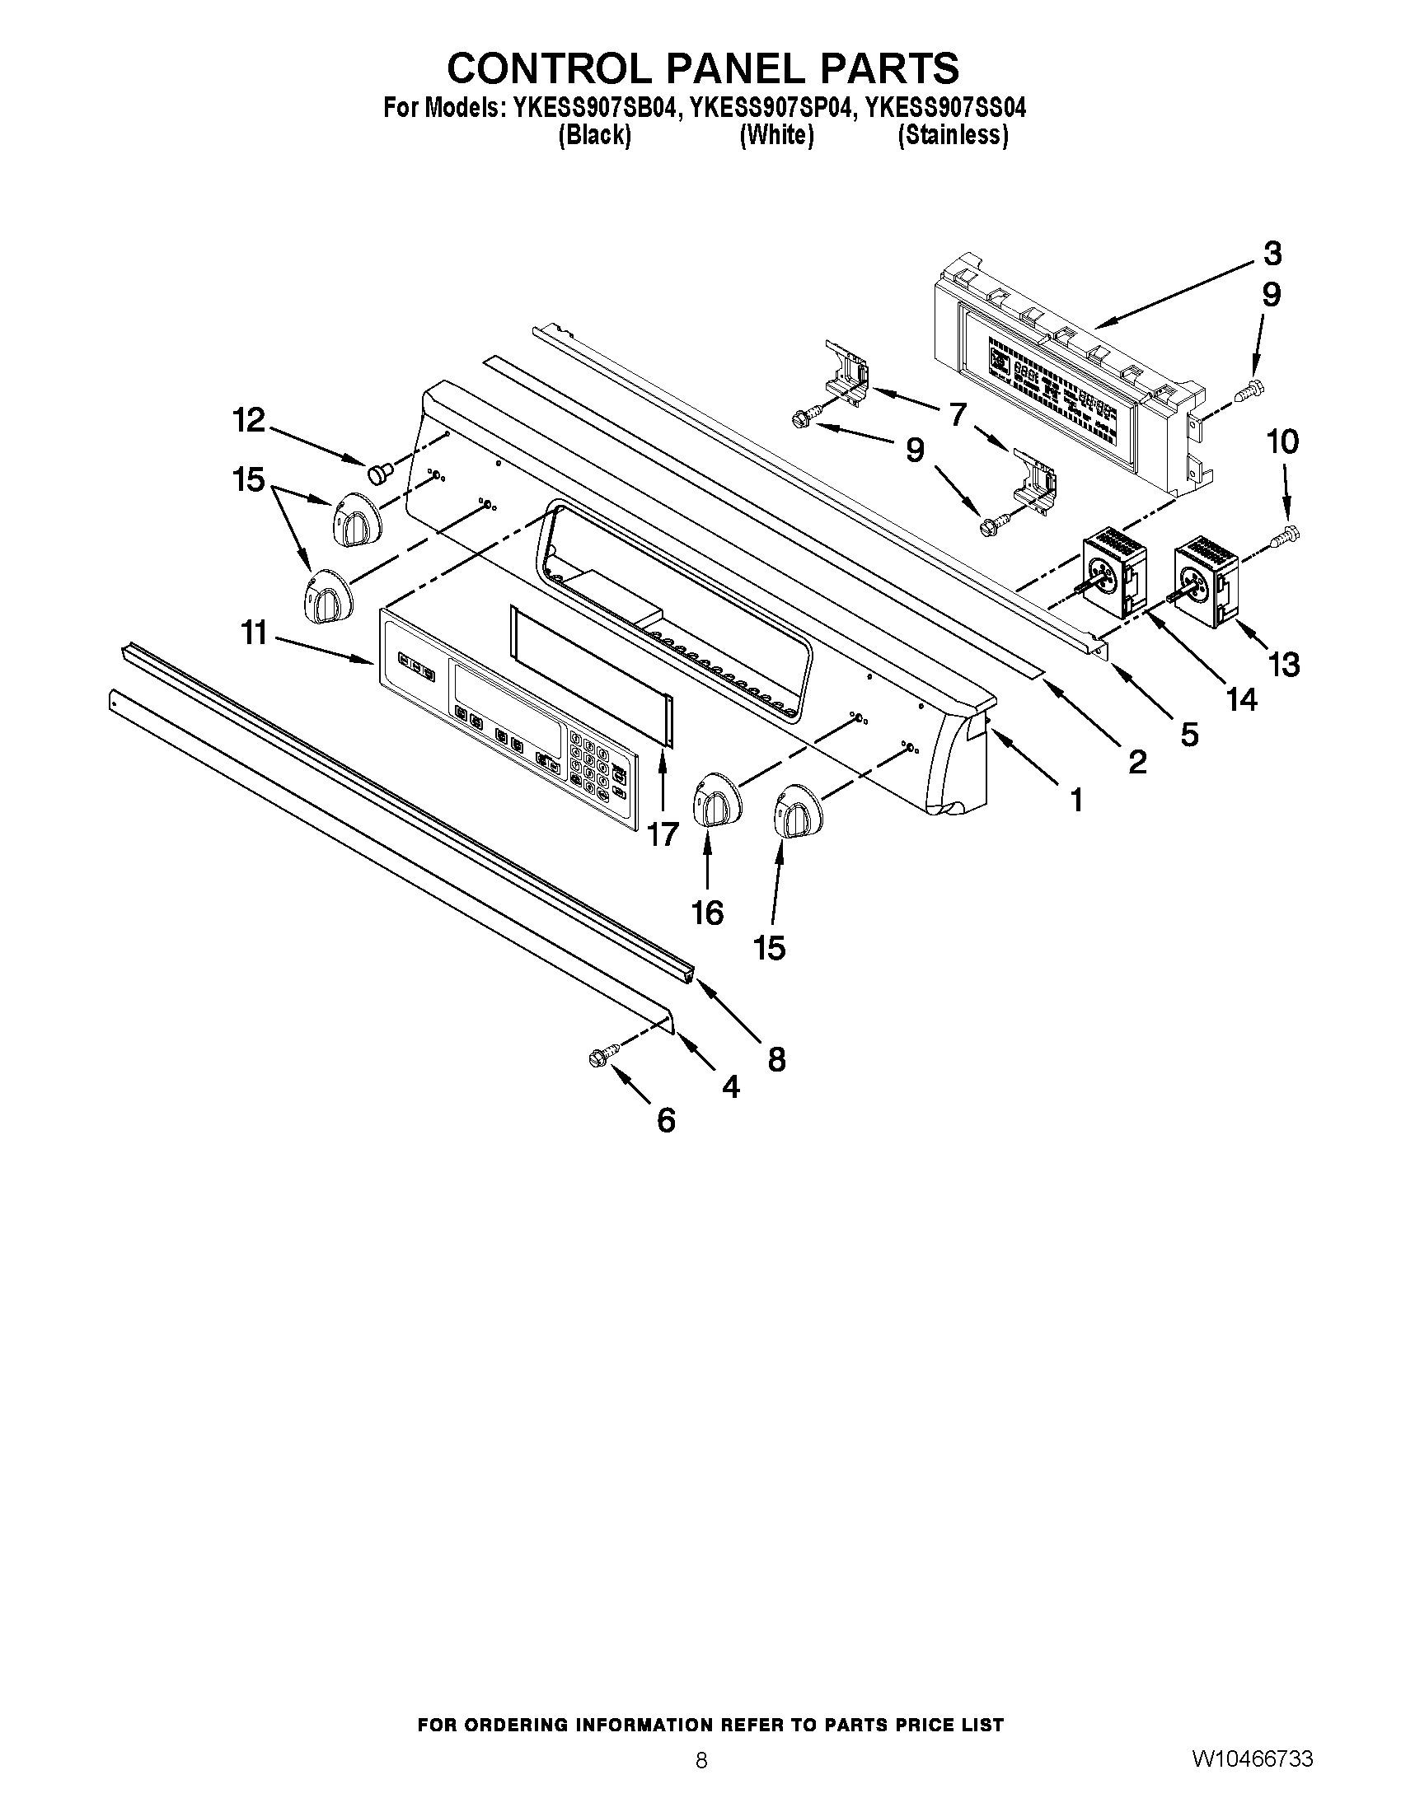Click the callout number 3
click(x=1272, y=254)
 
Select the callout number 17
click(x=663, y=834)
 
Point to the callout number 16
click(x=707, y=913)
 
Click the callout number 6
click(x=666, y=1121)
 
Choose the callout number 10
click(x=1282, y=442)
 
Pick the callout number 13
click(x=1284, y=665)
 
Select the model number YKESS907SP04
click(x=770, y=108)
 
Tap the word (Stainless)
click(x=953, y=135)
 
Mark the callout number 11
click(x=254, y=633)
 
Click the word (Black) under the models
click(x=594, y=135)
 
